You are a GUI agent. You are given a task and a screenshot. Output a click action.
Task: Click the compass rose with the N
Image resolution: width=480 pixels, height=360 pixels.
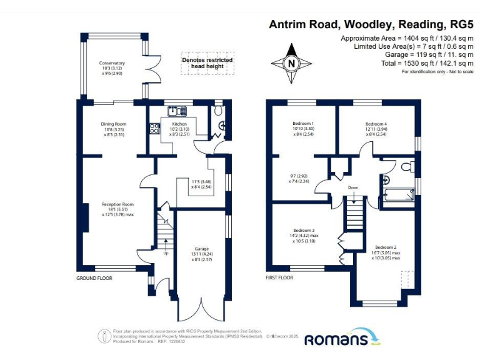click(x=291, y=63)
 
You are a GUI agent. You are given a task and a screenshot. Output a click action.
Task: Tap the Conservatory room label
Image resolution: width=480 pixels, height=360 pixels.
click(x=112, y=63)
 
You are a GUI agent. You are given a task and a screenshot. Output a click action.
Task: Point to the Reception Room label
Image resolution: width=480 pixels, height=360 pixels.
click(x=118, y=204)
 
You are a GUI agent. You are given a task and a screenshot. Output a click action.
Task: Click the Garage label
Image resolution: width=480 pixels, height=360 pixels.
click(x=201, y=249)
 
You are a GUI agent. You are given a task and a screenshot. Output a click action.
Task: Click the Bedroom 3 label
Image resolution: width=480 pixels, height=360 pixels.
click(x=304, y=230)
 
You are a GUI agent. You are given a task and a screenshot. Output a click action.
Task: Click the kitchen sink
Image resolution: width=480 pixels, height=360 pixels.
click(x=177, y=111)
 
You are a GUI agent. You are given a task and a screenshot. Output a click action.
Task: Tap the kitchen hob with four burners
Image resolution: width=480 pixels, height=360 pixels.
click(x=153, y=129)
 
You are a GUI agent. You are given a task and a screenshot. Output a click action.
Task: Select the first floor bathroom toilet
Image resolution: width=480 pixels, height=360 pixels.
click(x=407, y=166)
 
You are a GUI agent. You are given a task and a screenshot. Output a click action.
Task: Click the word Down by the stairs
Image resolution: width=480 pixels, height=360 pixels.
click(x=353, y=187)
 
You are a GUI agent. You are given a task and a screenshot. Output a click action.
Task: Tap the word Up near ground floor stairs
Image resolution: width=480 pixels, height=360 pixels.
click(x=166, y=253)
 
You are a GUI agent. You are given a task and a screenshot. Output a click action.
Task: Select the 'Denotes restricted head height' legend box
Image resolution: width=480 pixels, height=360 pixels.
click(x=207, y=63)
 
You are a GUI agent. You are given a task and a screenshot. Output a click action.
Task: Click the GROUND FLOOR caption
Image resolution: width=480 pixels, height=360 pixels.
click(x=94, y=278)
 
